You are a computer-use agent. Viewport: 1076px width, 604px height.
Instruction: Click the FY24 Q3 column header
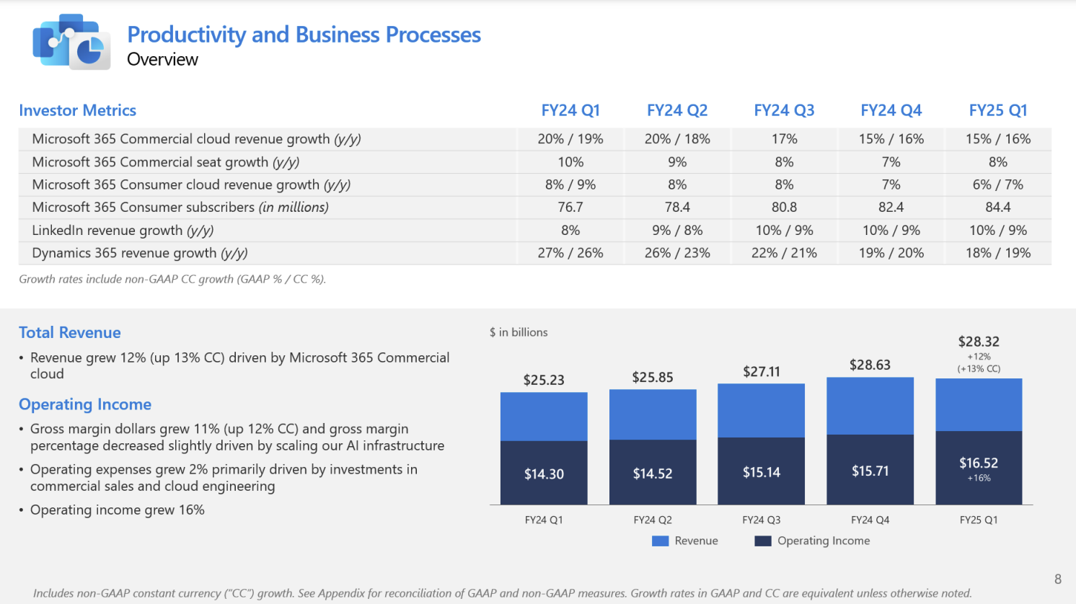coord(784,110)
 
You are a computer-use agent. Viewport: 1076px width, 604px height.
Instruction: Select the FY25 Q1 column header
coord(997,110)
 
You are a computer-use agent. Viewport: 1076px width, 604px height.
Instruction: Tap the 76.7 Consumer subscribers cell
coord(570,208)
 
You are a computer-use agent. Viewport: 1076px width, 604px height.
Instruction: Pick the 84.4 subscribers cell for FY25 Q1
coord(997,208)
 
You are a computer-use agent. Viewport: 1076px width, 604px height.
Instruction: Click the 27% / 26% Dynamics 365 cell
coord(570,253)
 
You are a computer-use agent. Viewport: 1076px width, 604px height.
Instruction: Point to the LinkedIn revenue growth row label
coord(123,231)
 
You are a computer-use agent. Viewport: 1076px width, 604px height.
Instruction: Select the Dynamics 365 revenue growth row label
coord(140,253)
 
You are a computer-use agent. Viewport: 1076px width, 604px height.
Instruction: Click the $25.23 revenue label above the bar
coord(544,380)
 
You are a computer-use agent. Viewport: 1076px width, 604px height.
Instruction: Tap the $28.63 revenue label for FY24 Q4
coord(870,365)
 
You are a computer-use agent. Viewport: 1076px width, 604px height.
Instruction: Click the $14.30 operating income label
coord(544,474)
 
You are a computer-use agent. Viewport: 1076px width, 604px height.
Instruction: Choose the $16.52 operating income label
coord(979,463)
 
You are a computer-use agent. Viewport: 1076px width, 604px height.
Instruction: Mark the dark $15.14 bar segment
coord(762,472)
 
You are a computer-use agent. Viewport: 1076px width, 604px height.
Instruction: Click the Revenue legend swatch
coord(660,541)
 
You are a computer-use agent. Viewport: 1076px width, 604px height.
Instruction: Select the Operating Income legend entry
coord(823,541)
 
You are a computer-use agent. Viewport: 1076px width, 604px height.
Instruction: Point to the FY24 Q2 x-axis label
coord(653,520)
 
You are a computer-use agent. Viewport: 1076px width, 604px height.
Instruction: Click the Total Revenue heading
coord(70,333)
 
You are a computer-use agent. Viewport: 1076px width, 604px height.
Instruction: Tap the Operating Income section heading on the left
coord(85,404)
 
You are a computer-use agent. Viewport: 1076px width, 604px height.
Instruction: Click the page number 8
coord(1057,579)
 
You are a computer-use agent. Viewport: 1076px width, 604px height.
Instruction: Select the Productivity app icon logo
coord(71,42)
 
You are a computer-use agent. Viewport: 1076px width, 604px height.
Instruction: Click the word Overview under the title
coord(162,60)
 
